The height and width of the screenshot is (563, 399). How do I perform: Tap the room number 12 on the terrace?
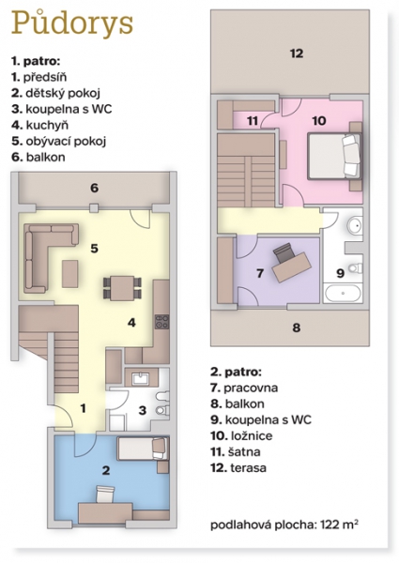(297, 53)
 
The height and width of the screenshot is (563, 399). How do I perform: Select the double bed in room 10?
(334, 156)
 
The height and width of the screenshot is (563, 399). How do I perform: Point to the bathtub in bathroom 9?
(343, 293)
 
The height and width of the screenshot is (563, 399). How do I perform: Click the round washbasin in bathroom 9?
(355, 225)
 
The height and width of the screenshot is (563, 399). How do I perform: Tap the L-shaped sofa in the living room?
(46, 251)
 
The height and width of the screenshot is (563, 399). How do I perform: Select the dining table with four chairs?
(122, 288)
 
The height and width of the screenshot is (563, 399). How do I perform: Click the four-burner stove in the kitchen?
(161, 321)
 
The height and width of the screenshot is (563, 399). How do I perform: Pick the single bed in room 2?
(143, 449)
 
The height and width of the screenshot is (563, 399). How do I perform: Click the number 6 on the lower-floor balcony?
(95, 188)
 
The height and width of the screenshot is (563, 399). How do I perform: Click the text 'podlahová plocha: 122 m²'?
(284, 525)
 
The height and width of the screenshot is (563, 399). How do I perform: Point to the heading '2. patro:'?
(236, 372)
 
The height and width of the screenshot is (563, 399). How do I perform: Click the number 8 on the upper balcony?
(297, 327)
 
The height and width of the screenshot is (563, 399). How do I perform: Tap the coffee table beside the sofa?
(70, 274)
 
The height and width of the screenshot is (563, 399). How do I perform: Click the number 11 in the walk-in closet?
(253, 121)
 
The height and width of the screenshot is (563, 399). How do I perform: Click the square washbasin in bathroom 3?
(140, 379)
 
